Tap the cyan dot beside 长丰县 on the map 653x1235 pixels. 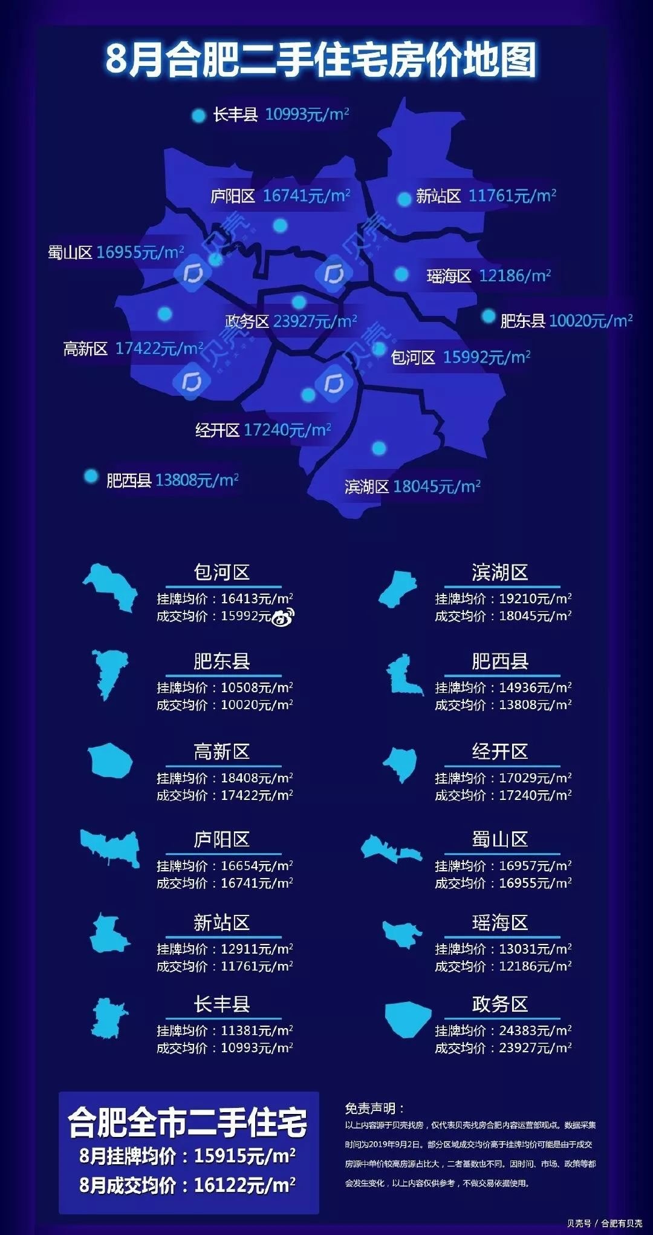pos(198,116)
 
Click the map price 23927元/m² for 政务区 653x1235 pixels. pos(315,321)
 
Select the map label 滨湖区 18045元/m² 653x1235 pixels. pos(412,486)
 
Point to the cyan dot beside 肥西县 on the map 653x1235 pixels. pos(91,477)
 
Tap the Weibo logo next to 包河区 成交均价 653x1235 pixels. pos(283,617)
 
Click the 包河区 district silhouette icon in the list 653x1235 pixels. pos(111,587)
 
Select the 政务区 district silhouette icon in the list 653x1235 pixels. pos(408,1018)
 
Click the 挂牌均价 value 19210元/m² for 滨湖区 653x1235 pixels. pos(534,598)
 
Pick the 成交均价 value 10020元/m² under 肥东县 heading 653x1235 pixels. pos(256,705)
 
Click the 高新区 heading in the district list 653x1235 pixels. pos(221,752)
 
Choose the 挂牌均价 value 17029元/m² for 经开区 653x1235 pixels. pos(534,778)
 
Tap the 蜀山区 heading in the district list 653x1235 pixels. pos(500,839)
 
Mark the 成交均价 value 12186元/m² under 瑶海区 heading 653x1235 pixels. pos(534,966)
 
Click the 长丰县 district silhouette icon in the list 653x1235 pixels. pos(109,1018)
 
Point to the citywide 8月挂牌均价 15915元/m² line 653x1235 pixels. pos(188,1156)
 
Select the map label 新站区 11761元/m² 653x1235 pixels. pos(486,196)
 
